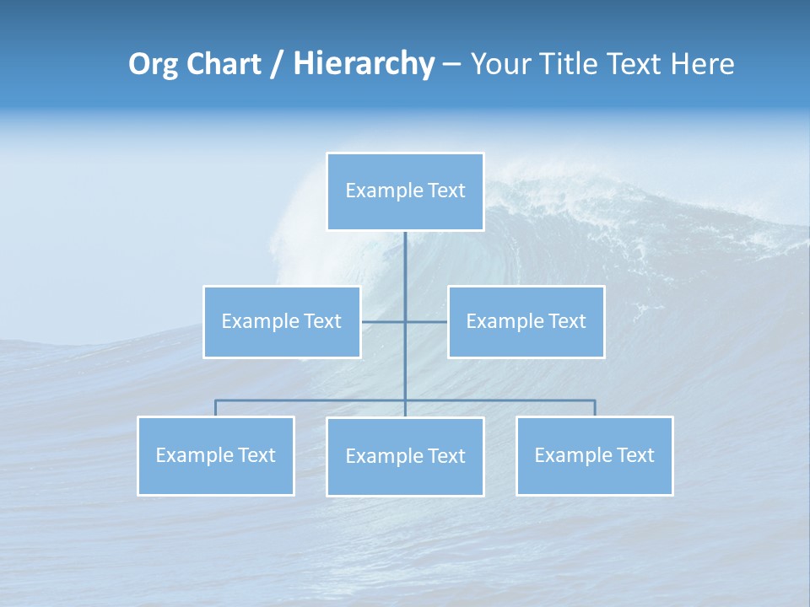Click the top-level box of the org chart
pos(405,191)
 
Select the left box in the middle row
pos(282,322)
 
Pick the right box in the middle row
pos(526,322)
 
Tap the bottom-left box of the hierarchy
pos(216,456)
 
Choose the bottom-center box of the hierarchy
pos(405,457)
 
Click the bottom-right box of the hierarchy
pos(594,456)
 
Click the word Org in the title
pos(153,64)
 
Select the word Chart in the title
pos(224,64)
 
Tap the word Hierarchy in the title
pos(364,64)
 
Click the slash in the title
pos(277,64)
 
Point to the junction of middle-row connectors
pos(405,322)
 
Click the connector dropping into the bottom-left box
pos(216,408)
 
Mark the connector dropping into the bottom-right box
pos(595,408)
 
